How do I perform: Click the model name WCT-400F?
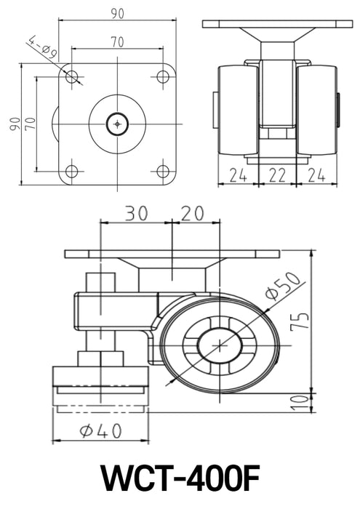(x=180, y=480)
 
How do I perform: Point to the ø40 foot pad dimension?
(x=100, y=430)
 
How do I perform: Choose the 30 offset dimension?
(x=135, y=213)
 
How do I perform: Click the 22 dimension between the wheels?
(x=277, y=175)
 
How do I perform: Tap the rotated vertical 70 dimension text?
(x=31, y=124)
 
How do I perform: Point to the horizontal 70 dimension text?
(x=116, y=43)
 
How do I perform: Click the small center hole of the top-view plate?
(x=117, y=124)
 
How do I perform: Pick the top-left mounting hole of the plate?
(x=71, y=77)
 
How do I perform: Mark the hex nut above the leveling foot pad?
(x=100, y=358)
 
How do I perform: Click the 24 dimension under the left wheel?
(x=237, y=175)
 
